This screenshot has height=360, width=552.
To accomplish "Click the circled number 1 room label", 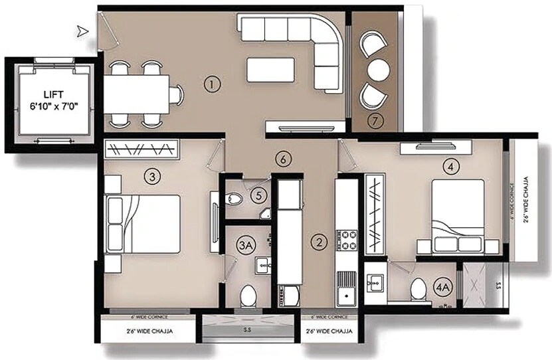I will (212, 84).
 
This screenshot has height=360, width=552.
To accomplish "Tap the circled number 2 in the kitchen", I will (321, 242).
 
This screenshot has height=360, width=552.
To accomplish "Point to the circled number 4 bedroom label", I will (453, 167).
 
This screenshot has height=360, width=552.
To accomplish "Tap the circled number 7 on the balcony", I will (377, 121).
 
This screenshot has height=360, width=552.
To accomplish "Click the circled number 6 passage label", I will (284, 159).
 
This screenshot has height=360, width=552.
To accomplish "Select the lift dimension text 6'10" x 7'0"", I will (49, 105).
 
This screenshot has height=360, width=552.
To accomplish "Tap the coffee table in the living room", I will (270, 70).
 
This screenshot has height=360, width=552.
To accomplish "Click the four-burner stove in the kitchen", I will (349, 240).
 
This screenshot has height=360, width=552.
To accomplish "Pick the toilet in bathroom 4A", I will (418, 289).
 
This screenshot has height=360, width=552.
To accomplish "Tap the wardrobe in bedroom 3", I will (141, 149).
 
